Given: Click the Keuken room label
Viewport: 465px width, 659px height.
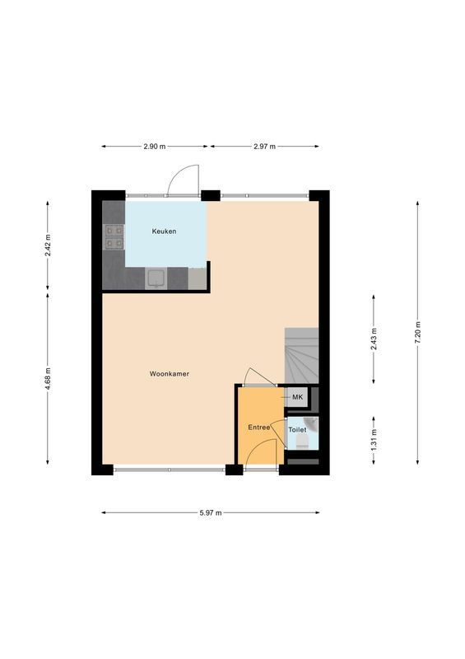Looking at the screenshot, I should coord(164,231).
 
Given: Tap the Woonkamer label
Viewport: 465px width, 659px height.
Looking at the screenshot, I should coord(170,373).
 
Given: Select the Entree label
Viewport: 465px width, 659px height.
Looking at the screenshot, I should coord(259,428).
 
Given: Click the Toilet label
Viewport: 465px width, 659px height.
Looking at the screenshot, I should coord(298,429).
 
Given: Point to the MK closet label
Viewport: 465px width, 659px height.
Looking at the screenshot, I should coord(298,397).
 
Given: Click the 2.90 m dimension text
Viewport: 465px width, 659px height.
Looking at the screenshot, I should coord(154,147).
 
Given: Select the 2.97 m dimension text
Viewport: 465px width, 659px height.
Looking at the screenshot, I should coord(264,147).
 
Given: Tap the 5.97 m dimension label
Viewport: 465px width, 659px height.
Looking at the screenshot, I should coord(211,512).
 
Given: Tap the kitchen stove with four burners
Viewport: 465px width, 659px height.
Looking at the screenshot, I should coord(114,237).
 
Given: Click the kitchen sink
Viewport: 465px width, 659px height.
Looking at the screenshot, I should coord(156,279).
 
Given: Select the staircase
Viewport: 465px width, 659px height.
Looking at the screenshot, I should coord(301,355).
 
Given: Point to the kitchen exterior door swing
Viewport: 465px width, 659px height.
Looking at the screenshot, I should coord(183,180).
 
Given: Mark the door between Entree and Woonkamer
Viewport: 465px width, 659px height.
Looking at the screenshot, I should coord(261,377).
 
